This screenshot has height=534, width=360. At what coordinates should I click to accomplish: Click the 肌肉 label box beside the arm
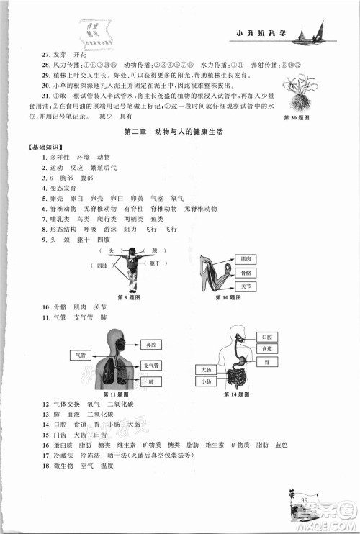coord(246,258)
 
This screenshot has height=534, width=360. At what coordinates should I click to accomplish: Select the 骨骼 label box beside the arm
coord(246,273)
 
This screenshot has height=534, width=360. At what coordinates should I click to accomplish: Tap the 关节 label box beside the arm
coord(246,286)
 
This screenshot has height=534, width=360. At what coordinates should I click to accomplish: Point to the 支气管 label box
coord(152,365)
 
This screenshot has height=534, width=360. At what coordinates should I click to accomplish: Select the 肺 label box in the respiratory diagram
coord(152,381)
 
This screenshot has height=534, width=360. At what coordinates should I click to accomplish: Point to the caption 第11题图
coord(115,395)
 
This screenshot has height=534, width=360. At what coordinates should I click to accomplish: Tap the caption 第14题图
coord(236,395)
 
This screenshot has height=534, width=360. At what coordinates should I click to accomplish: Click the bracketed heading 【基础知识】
coord(42,147)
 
